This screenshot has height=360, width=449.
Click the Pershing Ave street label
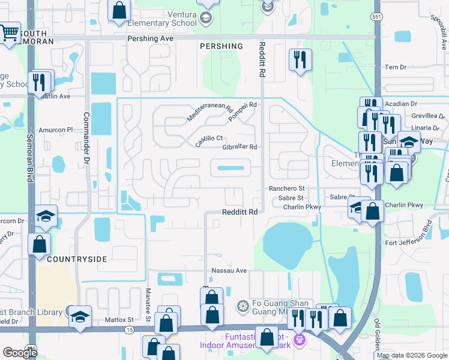150,38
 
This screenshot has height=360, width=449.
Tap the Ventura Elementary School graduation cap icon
207,18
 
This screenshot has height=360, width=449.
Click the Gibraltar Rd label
240,147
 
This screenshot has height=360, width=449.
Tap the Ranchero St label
286,188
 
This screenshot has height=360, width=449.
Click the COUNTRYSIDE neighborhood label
77,259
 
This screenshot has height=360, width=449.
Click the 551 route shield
376,17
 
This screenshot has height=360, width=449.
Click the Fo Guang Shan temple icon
243,307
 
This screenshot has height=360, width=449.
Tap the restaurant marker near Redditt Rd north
299,59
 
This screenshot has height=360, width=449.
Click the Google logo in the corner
20,352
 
